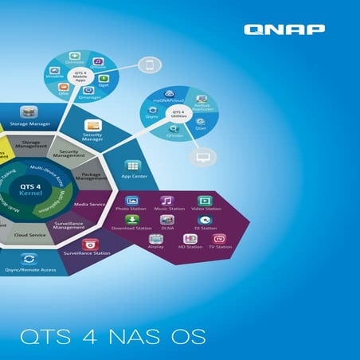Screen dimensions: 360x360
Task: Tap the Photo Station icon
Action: pos(131,202)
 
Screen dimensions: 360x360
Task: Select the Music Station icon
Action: pos(166,201)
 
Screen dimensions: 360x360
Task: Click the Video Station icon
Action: pos(205,201)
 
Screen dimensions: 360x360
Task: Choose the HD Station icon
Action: pos(190,238)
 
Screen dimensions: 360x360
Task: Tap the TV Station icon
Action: pos(221,238)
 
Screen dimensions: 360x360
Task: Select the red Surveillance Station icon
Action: pos(89,244)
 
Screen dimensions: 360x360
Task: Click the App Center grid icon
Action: pos(131,165)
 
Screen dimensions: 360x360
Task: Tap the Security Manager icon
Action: pos(93,126)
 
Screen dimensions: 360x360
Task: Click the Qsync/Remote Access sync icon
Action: pos(29,260)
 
